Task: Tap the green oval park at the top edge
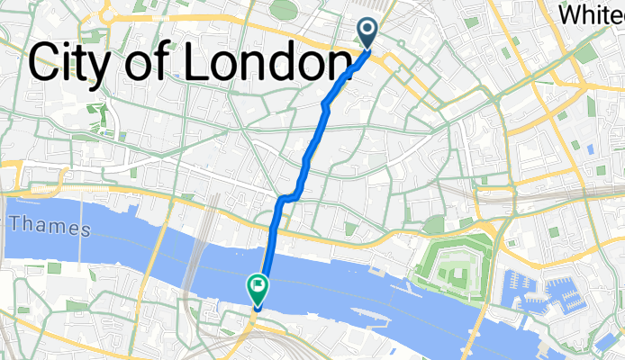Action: (x=283, y=9)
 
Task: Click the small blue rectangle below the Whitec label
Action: (x=591, y=148)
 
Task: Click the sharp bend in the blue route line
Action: (x=286, y=196)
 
